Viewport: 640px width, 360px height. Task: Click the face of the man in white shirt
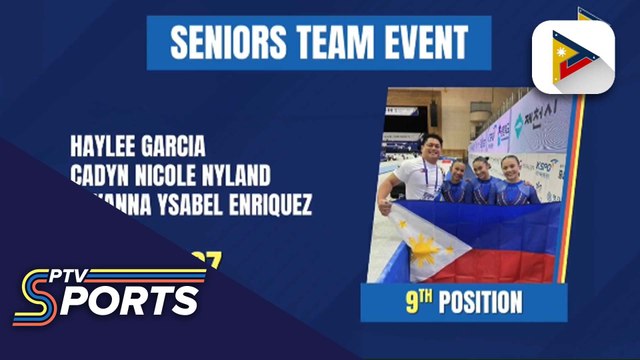coord(432,147)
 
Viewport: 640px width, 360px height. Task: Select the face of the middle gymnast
coord(482,166)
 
